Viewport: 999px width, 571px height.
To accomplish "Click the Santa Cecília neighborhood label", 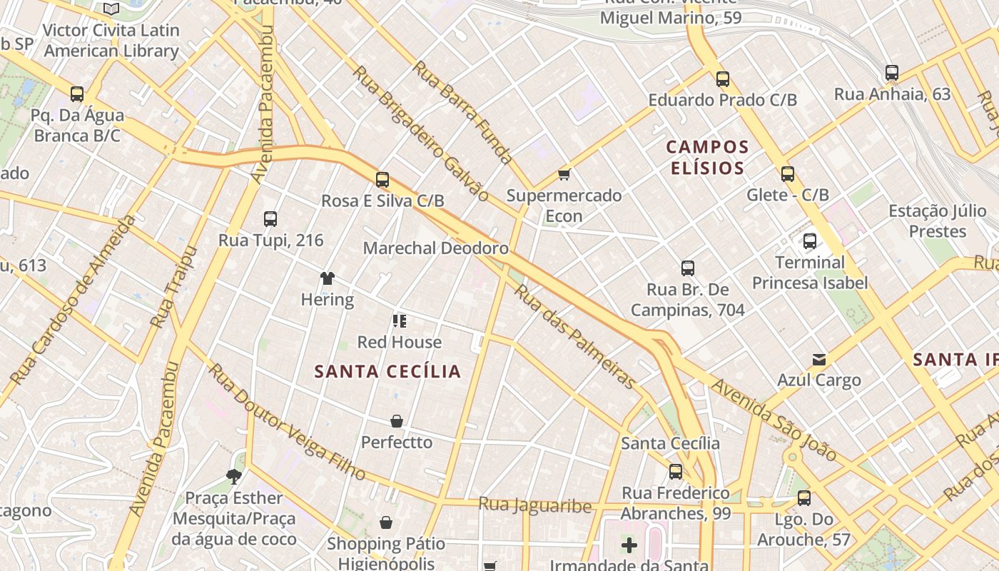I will (x=387, y=372).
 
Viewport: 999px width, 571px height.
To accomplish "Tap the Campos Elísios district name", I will (x=707, y=158).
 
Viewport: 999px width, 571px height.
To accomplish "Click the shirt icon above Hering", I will (x=328, y=278).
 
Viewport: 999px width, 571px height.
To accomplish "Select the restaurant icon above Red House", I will (x=400, y=321).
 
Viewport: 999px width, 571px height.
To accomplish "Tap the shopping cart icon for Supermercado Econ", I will (x=564, y=174).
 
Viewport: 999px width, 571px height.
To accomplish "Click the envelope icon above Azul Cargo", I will (x=818, y=360).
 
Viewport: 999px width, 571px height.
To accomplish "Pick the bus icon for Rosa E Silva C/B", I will (x=382, y=180).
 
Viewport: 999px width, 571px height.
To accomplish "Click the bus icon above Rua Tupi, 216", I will (x=270, y=219).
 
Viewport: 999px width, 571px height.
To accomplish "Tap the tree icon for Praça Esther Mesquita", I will (x=233, y=477).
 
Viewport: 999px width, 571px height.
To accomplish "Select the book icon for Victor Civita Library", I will (x=111, y=9).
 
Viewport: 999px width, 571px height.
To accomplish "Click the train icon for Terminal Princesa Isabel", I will (x=810, y=241).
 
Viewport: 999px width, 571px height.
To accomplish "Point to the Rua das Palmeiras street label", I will (x=574, y=337).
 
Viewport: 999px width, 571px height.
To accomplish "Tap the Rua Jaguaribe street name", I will (x=534, y=505).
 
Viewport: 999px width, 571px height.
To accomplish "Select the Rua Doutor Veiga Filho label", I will (x=287, y=423).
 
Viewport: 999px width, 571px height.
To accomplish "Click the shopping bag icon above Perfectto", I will (x=397, y=422).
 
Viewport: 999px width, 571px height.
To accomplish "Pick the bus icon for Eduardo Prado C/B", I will (x=723, y=79).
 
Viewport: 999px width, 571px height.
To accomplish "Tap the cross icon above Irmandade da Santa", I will (x=629, y=546).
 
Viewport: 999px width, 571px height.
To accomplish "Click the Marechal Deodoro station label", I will (x=435, y=248).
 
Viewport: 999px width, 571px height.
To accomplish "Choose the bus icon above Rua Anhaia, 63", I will (x=892, y=73).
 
